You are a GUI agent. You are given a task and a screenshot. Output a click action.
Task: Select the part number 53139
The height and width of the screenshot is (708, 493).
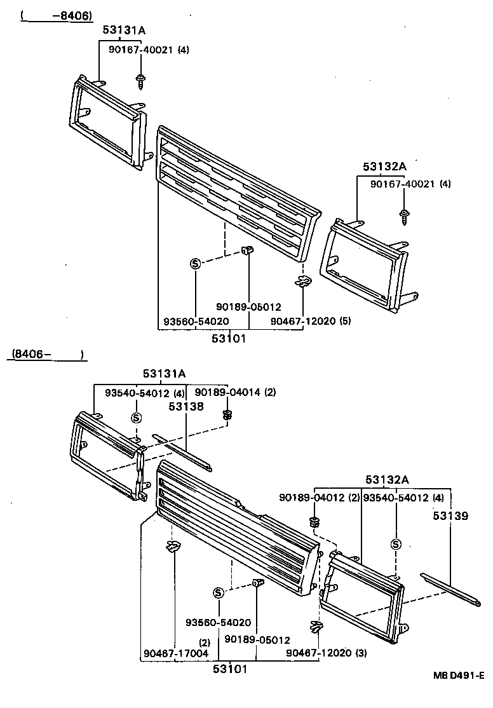[x=450, y=515]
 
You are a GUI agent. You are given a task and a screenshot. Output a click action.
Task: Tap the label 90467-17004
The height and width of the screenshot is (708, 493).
[x=167, y=652]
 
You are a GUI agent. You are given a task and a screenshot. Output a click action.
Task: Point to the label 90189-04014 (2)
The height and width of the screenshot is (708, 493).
[x=235, y=392]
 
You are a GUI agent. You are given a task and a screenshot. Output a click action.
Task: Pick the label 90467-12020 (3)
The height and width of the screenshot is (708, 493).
[x=326, y=652]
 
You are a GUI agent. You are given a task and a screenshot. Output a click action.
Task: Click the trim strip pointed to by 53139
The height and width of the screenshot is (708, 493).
[x=450, y=588]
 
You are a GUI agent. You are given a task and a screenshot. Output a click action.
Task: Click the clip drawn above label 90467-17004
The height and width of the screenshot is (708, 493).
[x=172, y=546]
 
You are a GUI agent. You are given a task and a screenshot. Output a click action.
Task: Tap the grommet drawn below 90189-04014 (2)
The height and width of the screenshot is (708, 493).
[x=227, y=415]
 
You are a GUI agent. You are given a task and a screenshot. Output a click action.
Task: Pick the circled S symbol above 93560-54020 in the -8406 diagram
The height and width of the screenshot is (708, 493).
[x=196, y=264]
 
